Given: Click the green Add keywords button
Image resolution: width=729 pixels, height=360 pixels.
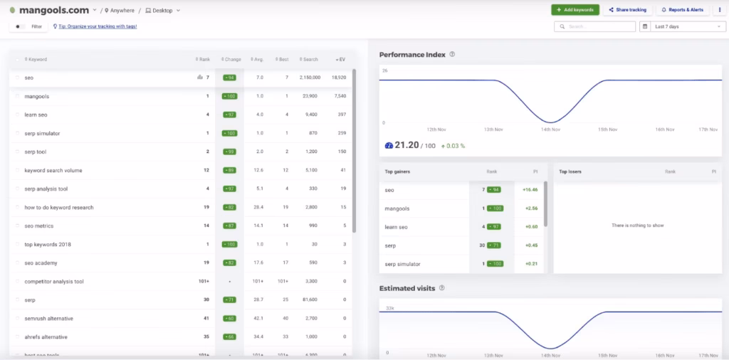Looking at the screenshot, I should pos(575,10).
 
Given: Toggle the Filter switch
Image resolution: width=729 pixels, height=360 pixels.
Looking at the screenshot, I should pos(20,26).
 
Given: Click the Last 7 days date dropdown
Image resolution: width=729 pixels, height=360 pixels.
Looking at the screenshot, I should pos(683,26).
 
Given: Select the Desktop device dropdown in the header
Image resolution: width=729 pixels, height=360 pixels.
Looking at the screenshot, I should pos(163,11).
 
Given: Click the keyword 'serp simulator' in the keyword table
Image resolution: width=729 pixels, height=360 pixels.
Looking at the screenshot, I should pos(42,133).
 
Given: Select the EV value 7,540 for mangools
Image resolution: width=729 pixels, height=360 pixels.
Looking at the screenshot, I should pos(340,96).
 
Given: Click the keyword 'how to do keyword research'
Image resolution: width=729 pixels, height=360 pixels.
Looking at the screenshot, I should pos(59,208).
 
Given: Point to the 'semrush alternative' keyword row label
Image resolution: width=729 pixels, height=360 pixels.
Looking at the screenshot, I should pos(48,319).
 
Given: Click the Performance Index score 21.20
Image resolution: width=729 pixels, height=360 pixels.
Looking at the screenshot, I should pos(407,145).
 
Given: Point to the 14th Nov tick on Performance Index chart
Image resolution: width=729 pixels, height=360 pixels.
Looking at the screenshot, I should pos(551,129).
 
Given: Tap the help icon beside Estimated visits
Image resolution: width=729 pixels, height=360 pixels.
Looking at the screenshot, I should pos(442,288).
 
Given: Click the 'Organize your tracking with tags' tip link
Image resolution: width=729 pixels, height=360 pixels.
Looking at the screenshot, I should pos(98,26).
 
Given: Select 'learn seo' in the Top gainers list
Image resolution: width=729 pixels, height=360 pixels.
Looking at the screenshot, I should pos(396,227).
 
